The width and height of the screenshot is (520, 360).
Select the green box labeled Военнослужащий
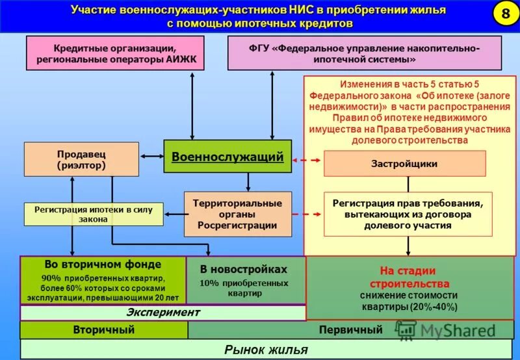click(x=227, y=157)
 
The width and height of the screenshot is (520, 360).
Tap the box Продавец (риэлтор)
click(x=81, y=159)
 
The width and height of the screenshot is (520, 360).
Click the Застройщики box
click(x=404, y=164)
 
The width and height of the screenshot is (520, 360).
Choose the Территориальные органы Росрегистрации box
click(x=233, y=214)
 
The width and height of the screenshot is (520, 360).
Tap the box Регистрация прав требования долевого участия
click(x=404, y=214)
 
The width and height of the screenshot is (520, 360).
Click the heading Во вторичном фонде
click(x=103, y=264)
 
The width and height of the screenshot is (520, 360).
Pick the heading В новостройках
click(x=243, y=268)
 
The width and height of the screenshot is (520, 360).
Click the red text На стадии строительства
click(x=409, y=277)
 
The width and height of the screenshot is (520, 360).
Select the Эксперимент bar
click(x=162, y=313)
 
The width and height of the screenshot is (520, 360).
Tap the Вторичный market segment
click(x=104, y=330)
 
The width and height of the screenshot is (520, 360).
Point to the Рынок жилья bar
click(x=266, y=350)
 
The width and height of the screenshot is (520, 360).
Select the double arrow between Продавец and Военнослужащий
click(x=151, y=156)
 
